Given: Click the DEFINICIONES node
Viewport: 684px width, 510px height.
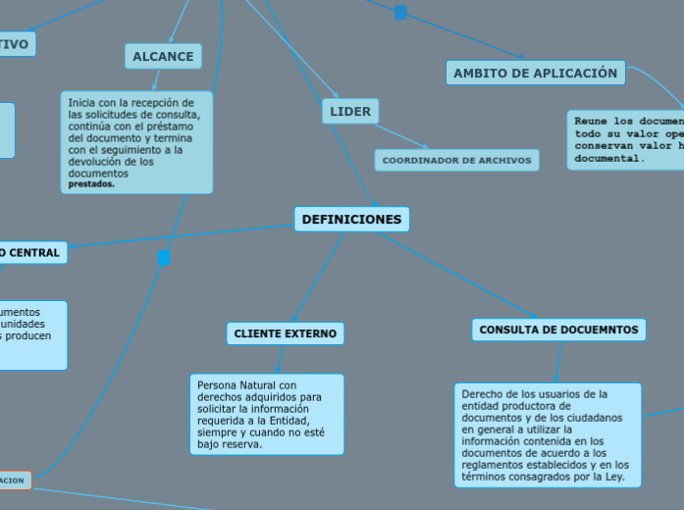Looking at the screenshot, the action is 351,220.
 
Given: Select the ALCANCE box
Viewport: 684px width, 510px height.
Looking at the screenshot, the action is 163,57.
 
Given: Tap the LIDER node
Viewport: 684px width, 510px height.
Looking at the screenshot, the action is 350,112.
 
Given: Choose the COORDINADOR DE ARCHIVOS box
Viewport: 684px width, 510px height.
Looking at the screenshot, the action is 456,160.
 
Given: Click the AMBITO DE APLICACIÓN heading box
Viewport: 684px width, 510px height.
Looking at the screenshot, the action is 535,73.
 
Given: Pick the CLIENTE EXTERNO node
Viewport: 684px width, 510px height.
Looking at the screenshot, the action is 285,333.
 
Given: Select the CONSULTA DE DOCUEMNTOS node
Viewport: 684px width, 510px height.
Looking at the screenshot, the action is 558,331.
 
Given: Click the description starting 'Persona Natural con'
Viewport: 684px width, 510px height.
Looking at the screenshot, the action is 267,414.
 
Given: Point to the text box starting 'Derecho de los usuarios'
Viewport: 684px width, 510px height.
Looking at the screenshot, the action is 548,434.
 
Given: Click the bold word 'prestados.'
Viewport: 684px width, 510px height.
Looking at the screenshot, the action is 91,183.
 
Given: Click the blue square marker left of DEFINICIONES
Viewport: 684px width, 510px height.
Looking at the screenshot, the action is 165,258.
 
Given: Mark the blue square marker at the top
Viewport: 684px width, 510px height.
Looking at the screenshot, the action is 400,13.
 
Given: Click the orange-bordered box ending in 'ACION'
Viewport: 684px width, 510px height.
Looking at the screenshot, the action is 14,481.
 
